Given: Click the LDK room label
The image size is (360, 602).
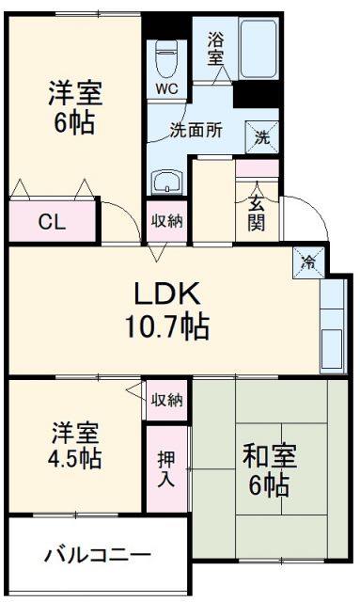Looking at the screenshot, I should click(166, 294).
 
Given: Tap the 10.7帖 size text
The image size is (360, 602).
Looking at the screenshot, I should click(168, 328).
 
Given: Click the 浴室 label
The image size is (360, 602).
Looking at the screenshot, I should click(216, 48).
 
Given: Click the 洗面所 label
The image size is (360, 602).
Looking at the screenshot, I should click(196, 131).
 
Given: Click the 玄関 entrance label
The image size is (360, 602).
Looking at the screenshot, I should click(257, 212).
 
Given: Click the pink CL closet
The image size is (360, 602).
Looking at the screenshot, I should click(53, 222).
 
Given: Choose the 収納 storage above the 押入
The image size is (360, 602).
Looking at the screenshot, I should click(167, 400).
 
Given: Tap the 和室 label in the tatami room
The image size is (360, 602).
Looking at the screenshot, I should click(270, 458).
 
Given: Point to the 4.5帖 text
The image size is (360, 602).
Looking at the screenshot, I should click(73, 460).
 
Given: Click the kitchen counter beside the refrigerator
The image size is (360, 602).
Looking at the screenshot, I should click(332, 325).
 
